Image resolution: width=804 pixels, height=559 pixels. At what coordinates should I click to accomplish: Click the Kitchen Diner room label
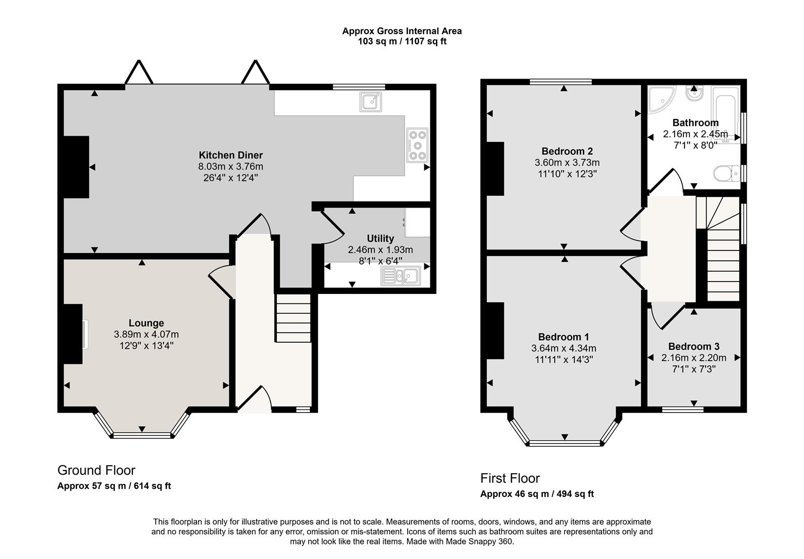coord(231,155)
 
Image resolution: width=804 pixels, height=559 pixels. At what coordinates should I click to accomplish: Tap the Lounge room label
coord(146,323)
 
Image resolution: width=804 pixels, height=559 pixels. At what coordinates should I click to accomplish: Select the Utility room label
coord(380,239)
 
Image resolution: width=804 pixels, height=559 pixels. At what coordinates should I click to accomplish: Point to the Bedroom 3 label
coord(694,347)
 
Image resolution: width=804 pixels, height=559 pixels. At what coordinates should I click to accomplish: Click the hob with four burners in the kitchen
coord(418,145)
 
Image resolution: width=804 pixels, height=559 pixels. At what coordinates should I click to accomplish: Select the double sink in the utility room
coord(401,276)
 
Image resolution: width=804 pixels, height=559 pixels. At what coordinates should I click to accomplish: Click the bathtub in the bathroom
coord(726,114)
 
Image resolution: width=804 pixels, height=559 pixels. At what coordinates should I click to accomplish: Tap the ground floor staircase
coord(293,318)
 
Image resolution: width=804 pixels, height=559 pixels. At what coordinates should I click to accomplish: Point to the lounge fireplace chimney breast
coord(73,334)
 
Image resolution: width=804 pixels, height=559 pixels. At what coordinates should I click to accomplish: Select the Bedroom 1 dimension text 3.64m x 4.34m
coord(563,348)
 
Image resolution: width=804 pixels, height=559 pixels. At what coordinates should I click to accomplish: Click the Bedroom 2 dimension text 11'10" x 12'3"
coord(567,174)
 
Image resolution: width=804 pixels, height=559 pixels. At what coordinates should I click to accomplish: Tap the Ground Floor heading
coord(96,470)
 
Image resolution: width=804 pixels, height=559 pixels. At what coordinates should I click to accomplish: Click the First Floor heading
coord(510,478)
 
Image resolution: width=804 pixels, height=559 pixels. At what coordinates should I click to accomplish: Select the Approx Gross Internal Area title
coord(402,31)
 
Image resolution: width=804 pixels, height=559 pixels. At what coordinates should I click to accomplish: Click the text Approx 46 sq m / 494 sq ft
coord(537,494)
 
